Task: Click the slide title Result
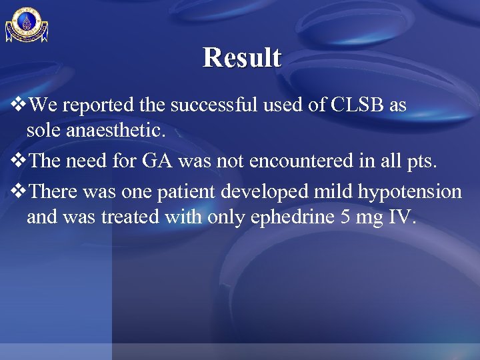(242, 57)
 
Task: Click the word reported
(99, 105)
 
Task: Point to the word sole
(42, 130)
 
